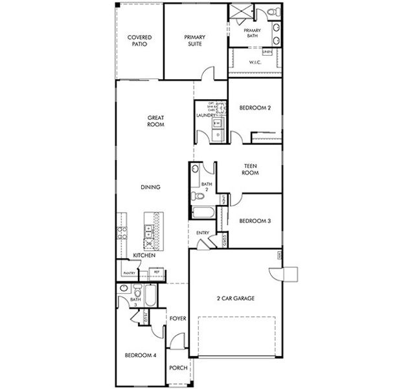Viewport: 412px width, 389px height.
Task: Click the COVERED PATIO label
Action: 139,41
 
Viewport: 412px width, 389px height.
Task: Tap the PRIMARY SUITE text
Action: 194,41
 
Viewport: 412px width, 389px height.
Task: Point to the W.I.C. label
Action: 255,63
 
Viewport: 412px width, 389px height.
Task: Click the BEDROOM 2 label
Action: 255,108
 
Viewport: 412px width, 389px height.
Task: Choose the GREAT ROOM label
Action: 155,121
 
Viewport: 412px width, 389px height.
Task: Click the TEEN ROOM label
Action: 251,170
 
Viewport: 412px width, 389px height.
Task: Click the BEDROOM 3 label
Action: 255,221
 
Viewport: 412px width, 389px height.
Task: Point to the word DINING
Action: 150,187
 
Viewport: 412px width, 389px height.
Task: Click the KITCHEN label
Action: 143,256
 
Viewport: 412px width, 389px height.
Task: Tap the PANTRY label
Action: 129,273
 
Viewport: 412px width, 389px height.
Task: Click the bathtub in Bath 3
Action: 149,298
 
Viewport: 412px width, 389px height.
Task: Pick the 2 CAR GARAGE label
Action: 235,298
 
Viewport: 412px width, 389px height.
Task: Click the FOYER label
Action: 177,318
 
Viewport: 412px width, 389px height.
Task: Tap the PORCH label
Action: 177,368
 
